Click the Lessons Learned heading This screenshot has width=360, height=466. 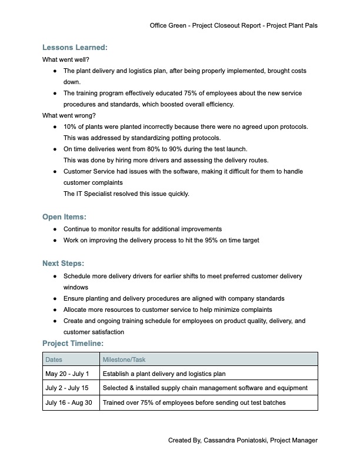coord(75,48)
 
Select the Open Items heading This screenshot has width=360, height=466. coord(65,217)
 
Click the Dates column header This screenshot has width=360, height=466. coord(54,359)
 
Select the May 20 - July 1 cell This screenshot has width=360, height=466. coord(67,374)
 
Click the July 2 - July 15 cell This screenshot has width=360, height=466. coord(68,388)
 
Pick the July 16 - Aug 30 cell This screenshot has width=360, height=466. coord(70,403)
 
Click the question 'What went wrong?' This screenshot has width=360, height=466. coord(69,115)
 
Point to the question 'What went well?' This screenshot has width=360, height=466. coord(66,59)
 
